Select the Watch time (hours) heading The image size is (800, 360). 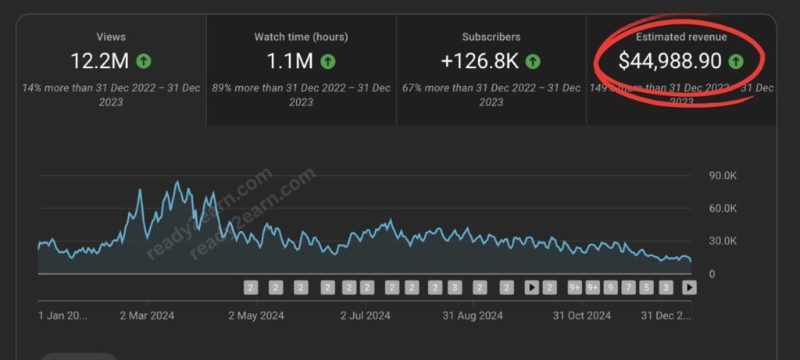[x=301, y=37]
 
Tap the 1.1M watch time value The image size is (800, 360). [x=288, y=60]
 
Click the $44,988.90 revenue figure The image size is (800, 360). [x=670, y=60]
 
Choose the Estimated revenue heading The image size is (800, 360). [x=680, y=37]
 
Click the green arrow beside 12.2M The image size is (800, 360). [x=143, y=60]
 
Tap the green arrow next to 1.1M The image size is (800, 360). [x=329, y=60]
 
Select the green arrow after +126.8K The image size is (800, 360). [x=533, y=60]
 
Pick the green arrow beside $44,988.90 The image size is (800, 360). [x=734, y=60]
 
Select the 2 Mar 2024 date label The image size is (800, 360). [x=146, y=315]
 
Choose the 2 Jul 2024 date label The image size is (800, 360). [x=365, y=315]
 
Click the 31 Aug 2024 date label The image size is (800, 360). [x=473, y=315]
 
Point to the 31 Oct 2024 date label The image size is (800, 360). [x=582, y=315]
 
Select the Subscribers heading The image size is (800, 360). [x=491, y=37]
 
